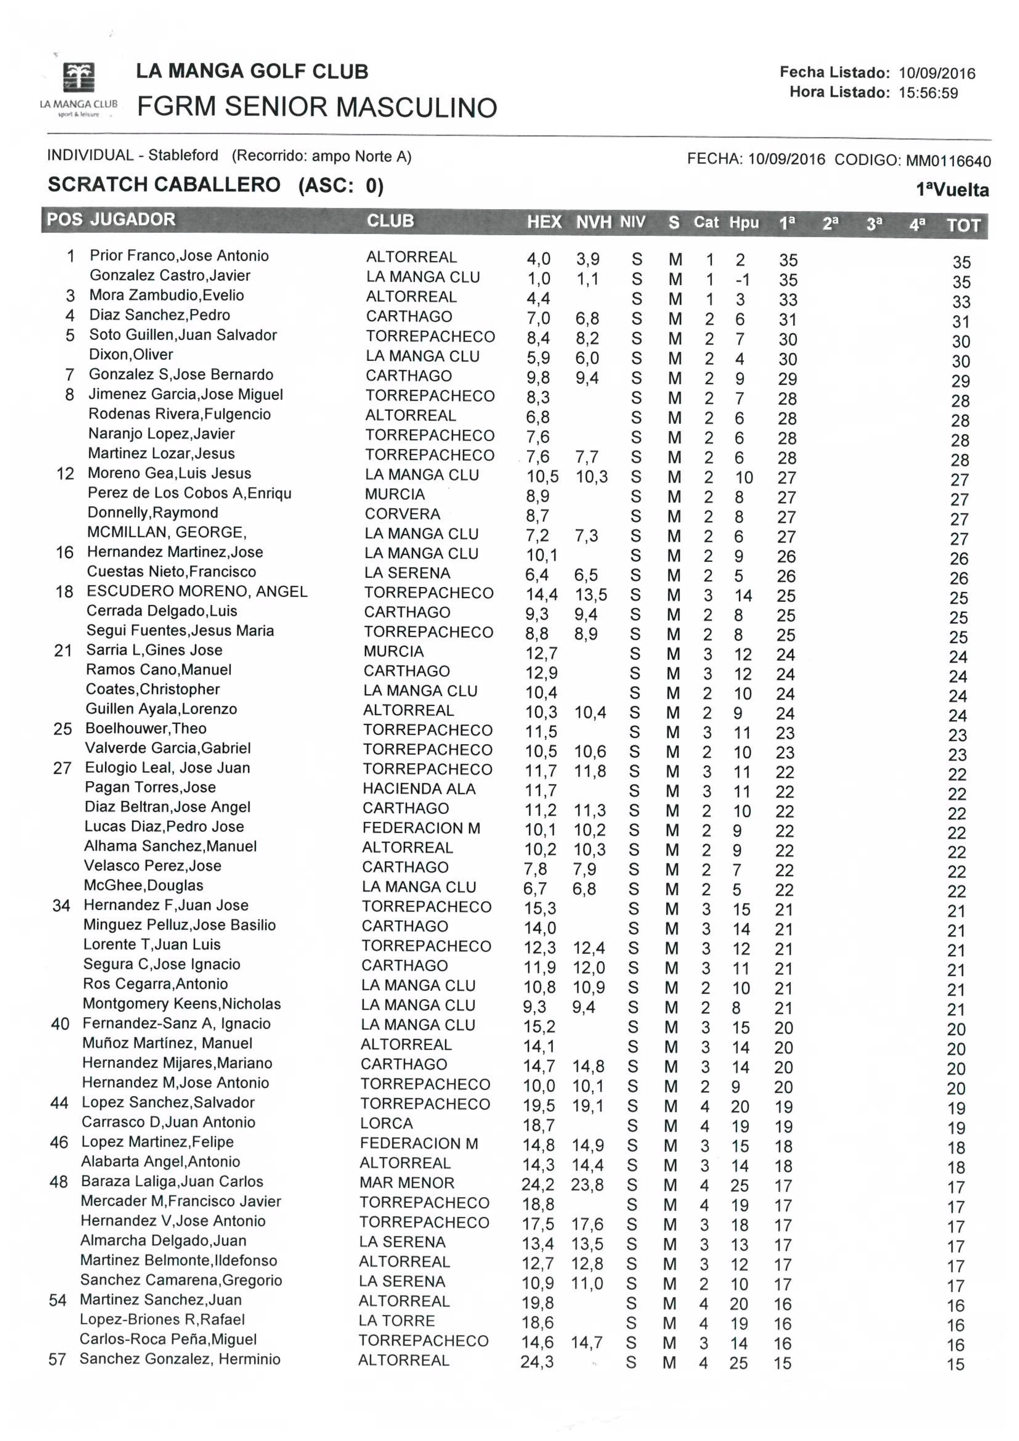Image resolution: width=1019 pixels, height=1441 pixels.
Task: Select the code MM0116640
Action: (948, 161)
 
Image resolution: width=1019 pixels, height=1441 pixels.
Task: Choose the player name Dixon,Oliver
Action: (131, 354)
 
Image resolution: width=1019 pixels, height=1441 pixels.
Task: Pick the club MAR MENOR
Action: (406, 1183)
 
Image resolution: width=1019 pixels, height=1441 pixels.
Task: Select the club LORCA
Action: (386, 1124)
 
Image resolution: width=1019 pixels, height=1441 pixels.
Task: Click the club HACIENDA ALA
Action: (419, 789)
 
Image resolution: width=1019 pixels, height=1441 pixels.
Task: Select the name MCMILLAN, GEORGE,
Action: (167, 532)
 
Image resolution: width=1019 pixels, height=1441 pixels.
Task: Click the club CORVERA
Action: (402, 514)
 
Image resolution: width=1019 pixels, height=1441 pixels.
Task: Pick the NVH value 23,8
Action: (587, 1184)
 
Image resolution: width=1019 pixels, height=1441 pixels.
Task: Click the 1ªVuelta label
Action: (952, 190)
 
